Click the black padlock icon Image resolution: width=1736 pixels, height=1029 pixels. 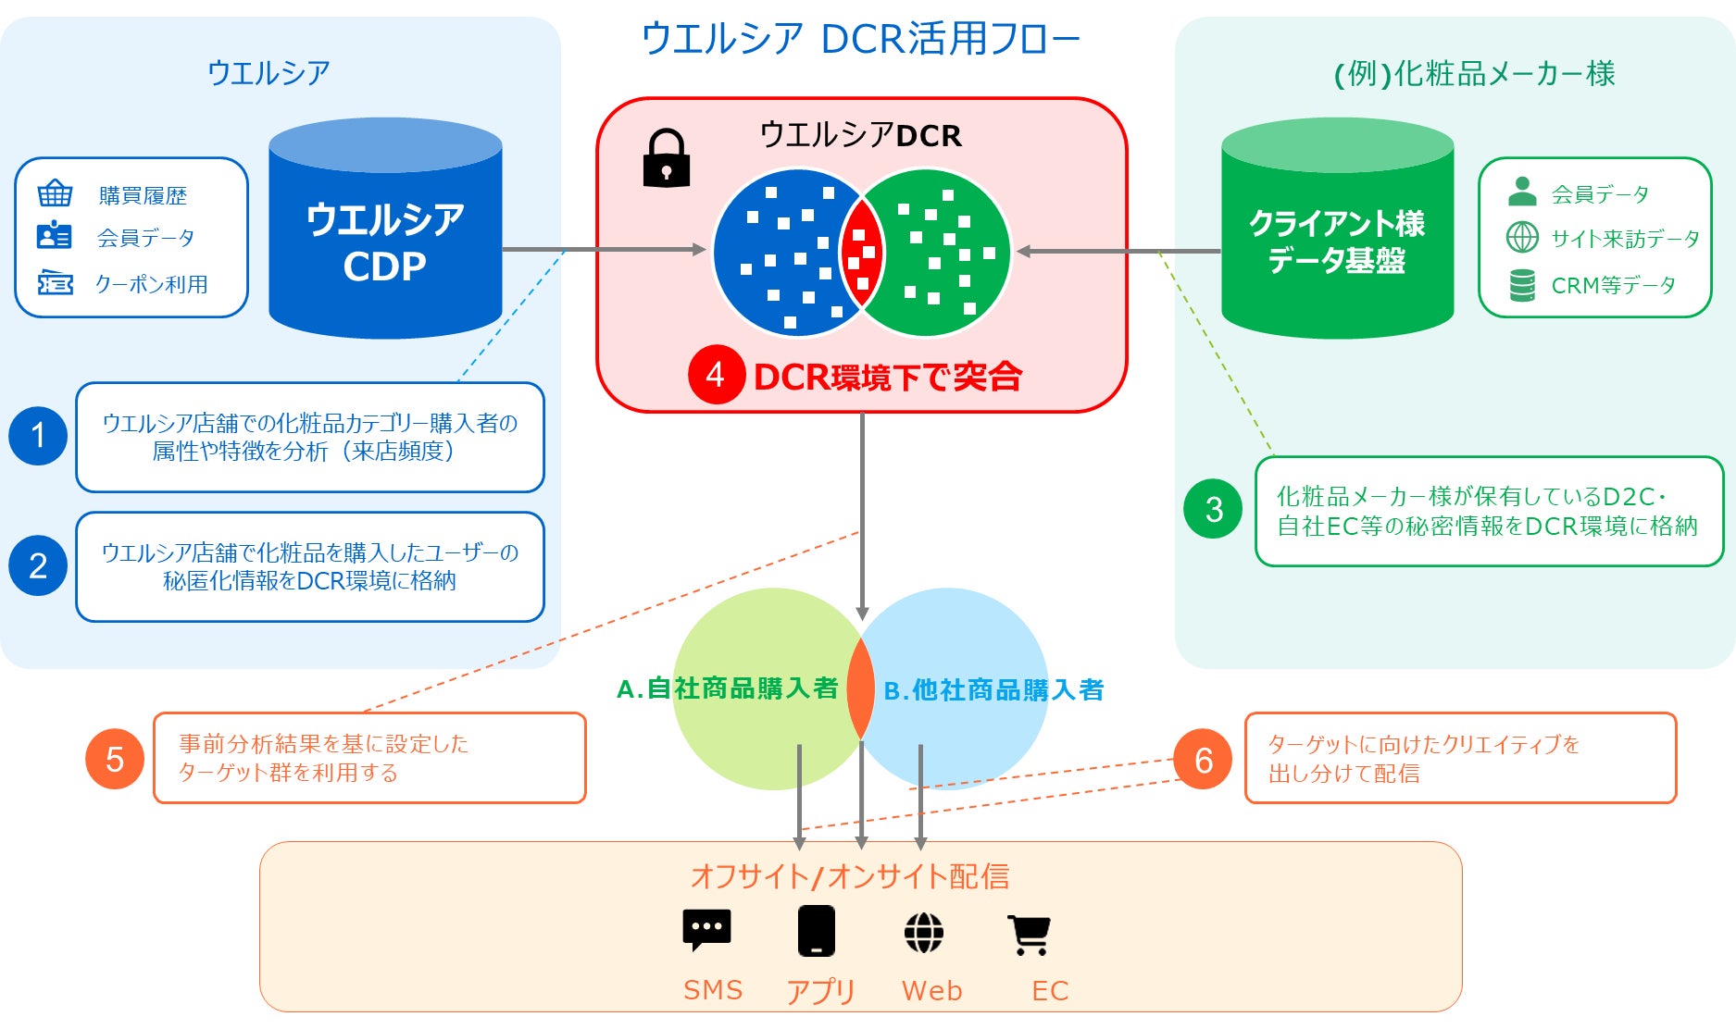coord(666,158)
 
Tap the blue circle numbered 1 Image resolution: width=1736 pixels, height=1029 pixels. coord(38,435)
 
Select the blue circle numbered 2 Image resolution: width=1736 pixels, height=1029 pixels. coord(38,565)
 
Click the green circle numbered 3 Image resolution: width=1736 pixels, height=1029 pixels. coord(1214,509)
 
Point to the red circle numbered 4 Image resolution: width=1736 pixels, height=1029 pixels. coord(716,375)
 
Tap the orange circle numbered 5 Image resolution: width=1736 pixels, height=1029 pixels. coord(115,759)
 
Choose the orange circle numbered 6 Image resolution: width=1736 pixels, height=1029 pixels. coord(1203,760)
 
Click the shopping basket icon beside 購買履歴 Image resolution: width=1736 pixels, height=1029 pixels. coord(55,194)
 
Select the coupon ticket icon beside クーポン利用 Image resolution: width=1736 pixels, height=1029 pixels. coord(55,283)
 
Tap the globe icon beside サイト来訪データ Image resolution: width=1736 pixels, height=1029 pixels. coord(1522,238)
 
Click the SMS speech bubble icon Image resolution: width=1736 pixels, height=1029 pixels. coord(706,929)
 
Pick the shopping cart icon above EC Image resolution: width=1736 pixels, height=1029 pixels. coord(1029,935)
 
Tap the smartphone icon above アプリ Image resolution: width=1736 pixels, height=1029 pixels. coord(817,930)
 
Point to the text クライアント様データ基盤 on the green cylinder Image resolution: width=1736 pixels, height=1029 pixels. coord(1337,242)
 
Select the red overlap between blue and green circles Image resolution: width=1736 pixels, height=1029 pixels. coord(862,252)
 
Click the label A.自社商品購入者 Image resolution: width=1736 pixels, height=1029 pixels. coord(728,688)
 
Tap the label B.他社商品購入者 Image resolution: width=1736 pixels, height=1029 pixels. coord(993,690)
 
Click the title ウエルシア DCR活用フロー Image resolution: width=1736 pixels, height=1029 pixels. coord(861,39)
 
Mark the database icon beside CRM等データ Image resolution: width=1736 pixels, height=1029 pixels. coord(1522,285)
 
